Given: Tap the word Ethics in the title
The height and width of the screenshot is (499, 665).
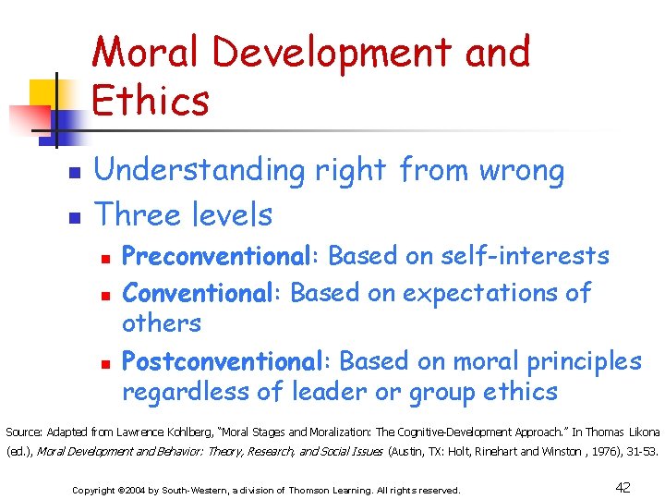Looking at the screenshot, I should pos(151,101).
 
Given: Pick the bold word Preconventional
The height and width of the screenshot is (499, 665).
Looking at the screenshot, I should pos(221,255).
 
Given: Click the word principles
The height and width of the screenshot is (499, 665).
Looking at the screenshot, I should pos(578,360).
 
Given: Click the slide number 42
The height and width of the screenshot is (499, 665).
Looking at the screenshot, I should pos(623,487).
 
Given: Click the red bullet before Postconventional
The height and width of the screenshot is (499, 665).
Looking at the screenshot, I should pos(106,362).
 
